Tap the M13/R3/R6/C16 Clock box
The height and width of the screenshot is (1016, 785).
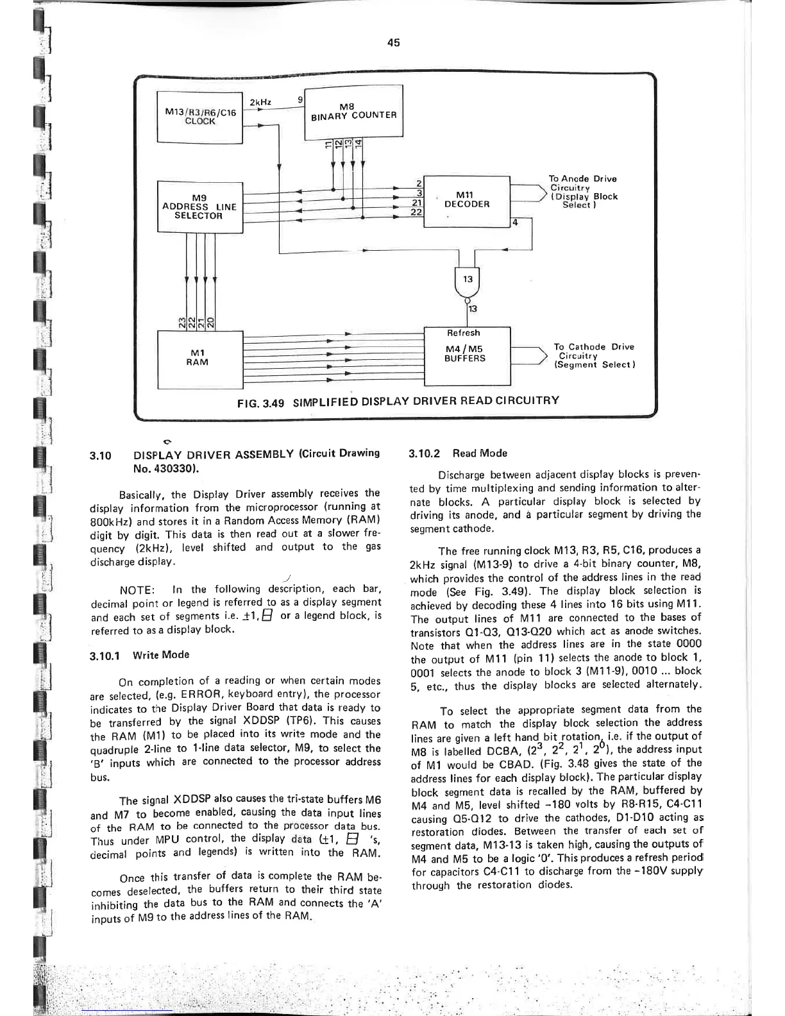tap(199, 117)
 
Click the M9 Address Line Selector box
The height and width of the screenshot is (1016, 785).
tap(199, 206)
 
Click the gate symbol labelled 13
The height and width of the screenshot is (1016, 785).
tap(468, 280)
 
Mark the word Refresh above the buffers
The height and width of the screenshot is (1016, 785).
tap(462, 333)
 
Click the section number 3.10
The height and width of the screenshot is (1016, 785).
tap(101, 456)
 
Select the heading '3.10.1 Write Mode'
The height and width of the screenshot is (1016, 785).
tap(139, 655)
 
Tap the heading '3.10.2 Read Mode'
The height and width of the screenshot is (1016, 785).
tap(457, 453)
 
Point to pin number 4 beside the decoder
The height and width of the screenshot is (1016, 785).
tap(514, 222)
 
